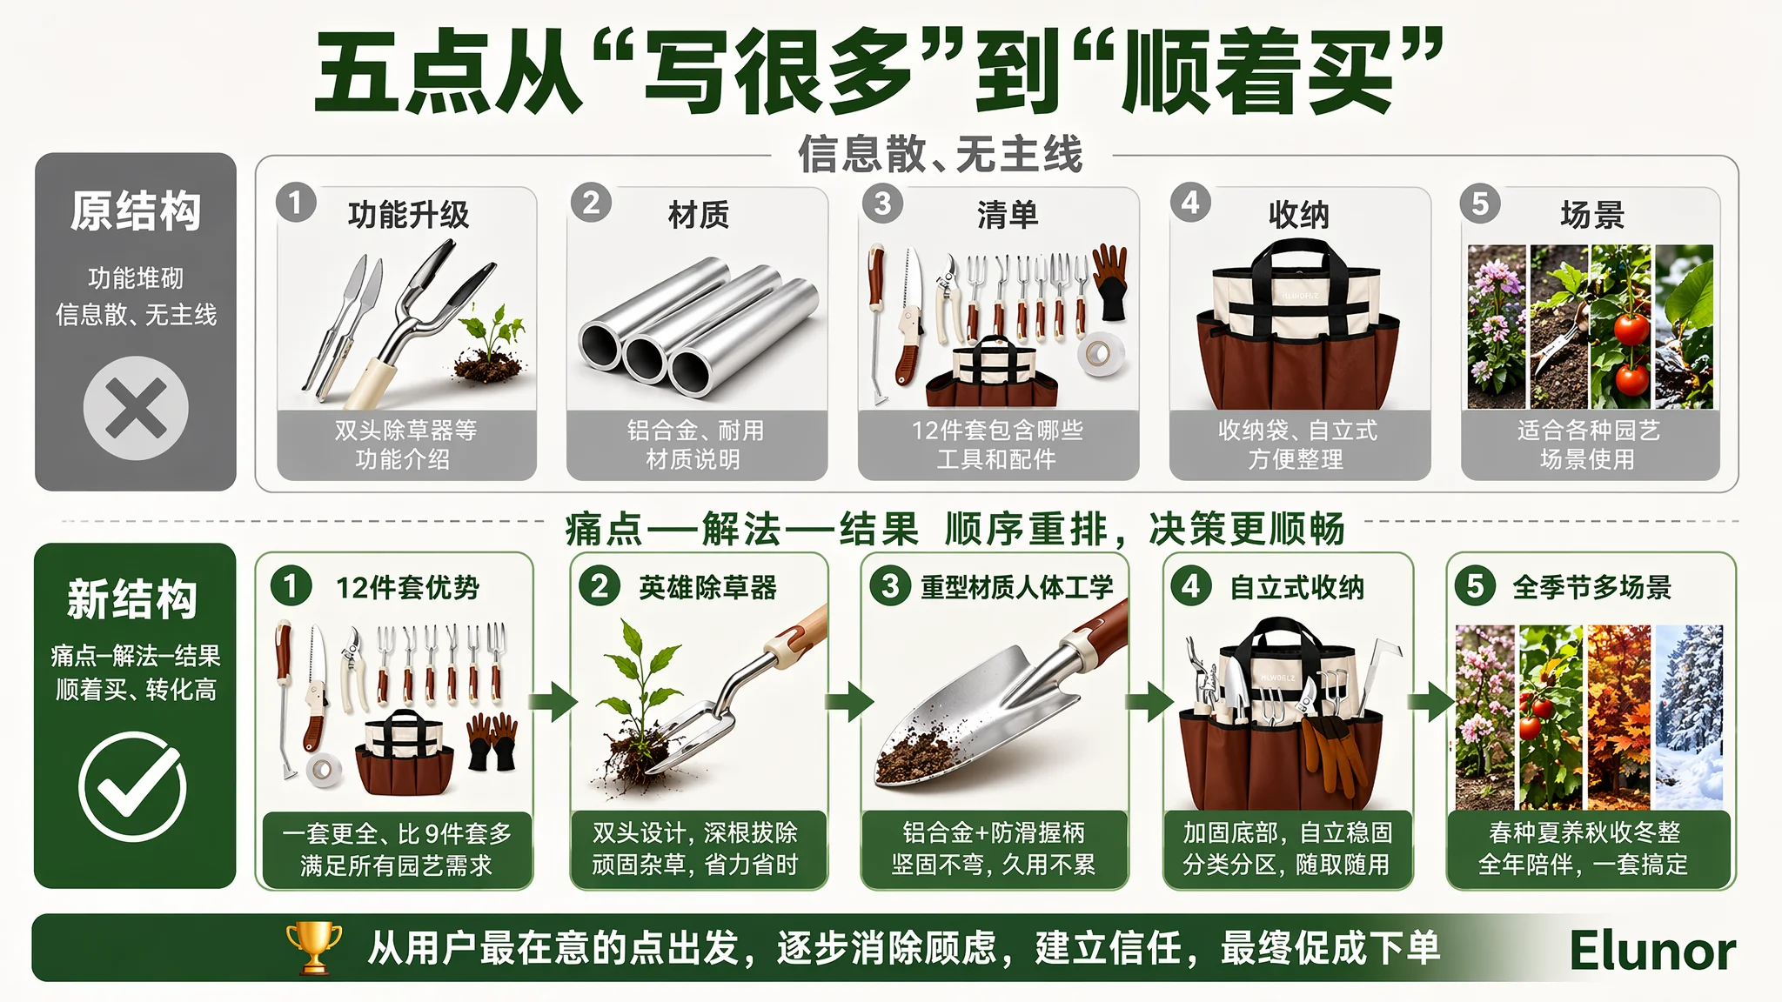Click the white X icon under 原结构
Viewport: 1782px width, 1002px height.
(136, 408)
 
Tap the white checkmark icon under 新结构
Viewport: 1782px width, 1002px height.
(132, 786)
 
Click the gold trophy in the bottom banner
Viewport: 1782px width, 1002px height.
(314, 947)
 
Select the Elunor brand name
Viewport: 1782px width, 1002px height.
(1652, 951)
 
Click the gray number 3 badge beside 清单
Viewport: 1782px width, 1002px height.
(882, 203)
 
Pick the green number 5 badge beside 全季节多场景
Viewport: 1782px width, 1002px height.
(1475, 585)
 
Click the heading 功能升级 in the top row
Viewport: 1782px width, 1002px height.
(408, 214)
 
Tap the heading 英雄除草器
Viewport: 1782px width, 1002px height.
(707, 588)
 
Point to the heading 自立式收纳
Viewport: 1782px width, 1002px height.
(1296, 588)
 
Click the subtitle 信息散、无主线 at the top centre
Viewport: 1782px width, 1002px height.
(941, 154)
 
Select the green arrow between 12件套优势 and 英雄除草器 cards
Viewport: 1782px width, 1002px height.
(553, 701)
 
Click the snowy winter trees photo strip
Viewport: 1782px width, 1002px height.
(1690, 717)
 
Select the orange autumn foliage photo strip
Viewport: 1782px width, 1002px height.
(1618, 717)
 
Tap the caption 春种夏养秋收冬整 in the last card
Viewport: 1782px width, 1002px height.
(1584, 832)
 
